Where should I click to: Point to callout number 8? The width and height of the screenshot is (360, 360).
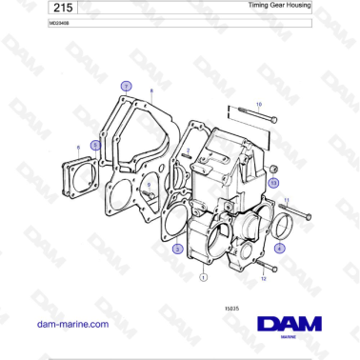151,91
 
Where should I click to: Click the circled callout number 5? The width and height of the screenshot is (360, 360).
95,145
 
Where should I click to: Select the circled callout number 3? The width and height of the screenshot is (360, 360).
177,249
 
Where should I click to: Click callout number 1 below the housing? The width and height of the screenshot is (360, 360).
203,278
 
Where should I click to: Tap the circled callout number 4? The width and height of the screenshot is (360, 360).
279,247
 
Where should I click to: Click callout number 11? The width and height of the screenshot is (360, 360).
287,199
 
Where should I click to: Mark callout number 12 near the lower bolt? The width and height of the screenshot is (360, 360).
264,280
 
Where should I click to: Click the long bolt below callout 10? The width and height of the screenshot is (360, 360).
250,119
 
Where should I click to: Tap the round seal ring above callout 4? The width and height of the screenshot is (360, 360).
280,227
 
